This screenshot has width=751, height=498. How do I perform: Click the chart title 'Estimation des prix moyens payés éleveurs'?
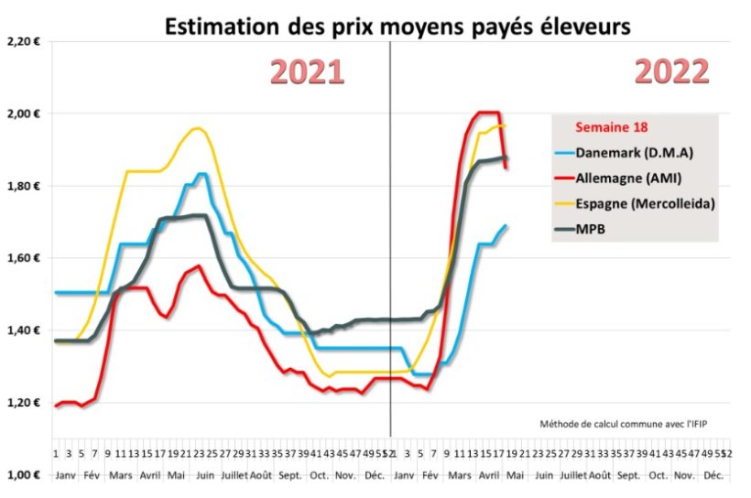[397, 27]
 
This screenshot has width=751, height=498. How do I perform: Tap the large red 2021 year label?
[307, 72]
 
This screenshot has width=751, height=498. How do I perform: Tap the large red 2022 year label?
[671, 72]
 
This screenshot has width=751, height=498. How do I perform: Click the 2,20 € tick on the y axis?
[25, 41]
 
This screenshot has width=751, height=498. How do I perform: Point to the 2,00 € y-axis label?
[25, 114]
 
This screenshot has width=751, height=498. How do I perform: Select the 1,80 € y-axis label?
[25, 186]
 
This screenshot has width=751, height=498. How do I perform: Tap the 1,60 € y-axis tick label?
[25, 258]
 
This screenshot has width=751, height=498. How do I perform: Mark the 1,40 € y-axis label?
[25, 330]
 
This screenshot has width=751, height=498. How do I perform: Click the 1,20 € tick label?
[25, 403]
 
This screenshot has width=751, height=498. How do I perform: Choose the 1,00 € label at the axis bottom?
[25, 475]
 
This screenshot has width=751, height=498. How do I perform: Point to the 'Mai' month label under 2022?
[514, 477]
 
